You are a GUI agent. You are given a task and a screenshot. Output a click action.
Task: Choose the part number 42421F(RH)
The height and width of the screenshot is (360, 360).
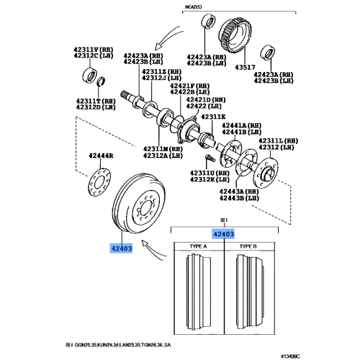tap(189, 86)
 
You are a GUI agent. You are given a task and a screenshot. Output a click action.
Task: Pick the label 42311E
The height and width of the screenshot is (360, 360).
tap(213, 117)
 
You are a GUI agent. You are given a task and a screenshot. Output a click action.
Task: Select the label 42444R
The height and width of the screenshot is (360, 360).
tap(101, 156)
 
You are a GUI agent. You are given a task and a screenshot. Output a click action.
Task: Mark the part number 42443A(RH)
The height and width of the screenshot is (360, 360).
tap(238, 192)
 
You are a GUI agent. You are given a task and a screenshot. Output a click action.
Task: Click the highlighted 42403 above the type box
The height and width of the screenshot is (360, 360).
tap(223, 233)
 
